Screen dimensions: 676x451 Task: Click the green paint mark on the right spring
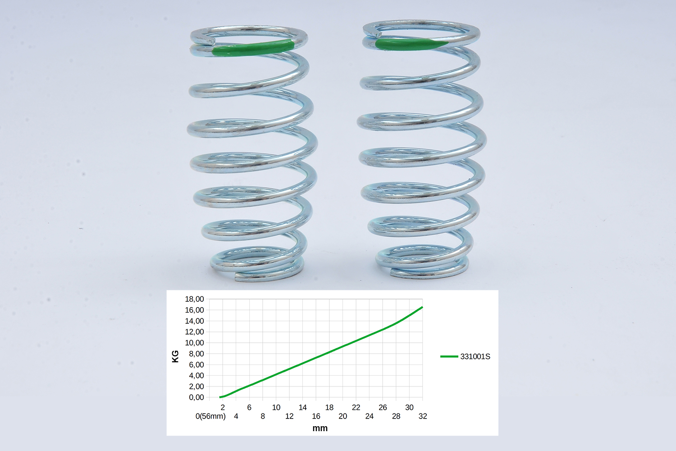[x=411, y=44]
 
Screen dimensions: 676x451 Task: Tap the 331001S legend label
[x=475, y=356]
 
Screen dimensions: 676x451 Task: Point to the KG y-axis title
[x=175, y=356]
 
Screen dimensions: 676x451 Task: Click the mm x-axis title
[x=320, y=428]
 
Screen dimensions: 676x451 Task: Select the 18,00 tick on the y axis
[x=194, y=299]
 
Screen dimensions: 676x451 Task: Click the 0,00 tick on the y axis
[x=196, y=397]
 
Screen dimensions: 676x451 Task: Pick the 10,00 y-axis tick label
[x=194, y=343]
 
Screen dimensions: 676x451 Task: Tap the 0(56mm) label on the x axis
[x=210, y=416]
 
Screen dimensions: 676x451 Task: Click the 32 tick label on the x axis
[x=423, y=416]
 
